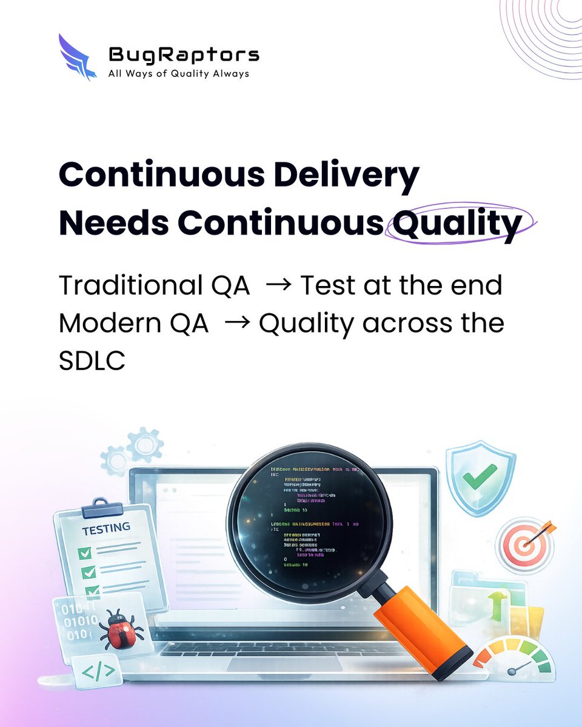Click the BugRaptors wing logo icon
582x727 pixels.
(76, 58)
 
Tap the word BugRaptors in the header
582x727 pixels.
(184, 55)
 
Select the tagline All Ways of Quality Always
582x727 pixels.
(178, 74)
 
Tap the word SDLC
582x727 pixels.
(92, 362)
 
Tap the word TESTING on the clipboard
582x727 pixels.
(106, 528)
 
